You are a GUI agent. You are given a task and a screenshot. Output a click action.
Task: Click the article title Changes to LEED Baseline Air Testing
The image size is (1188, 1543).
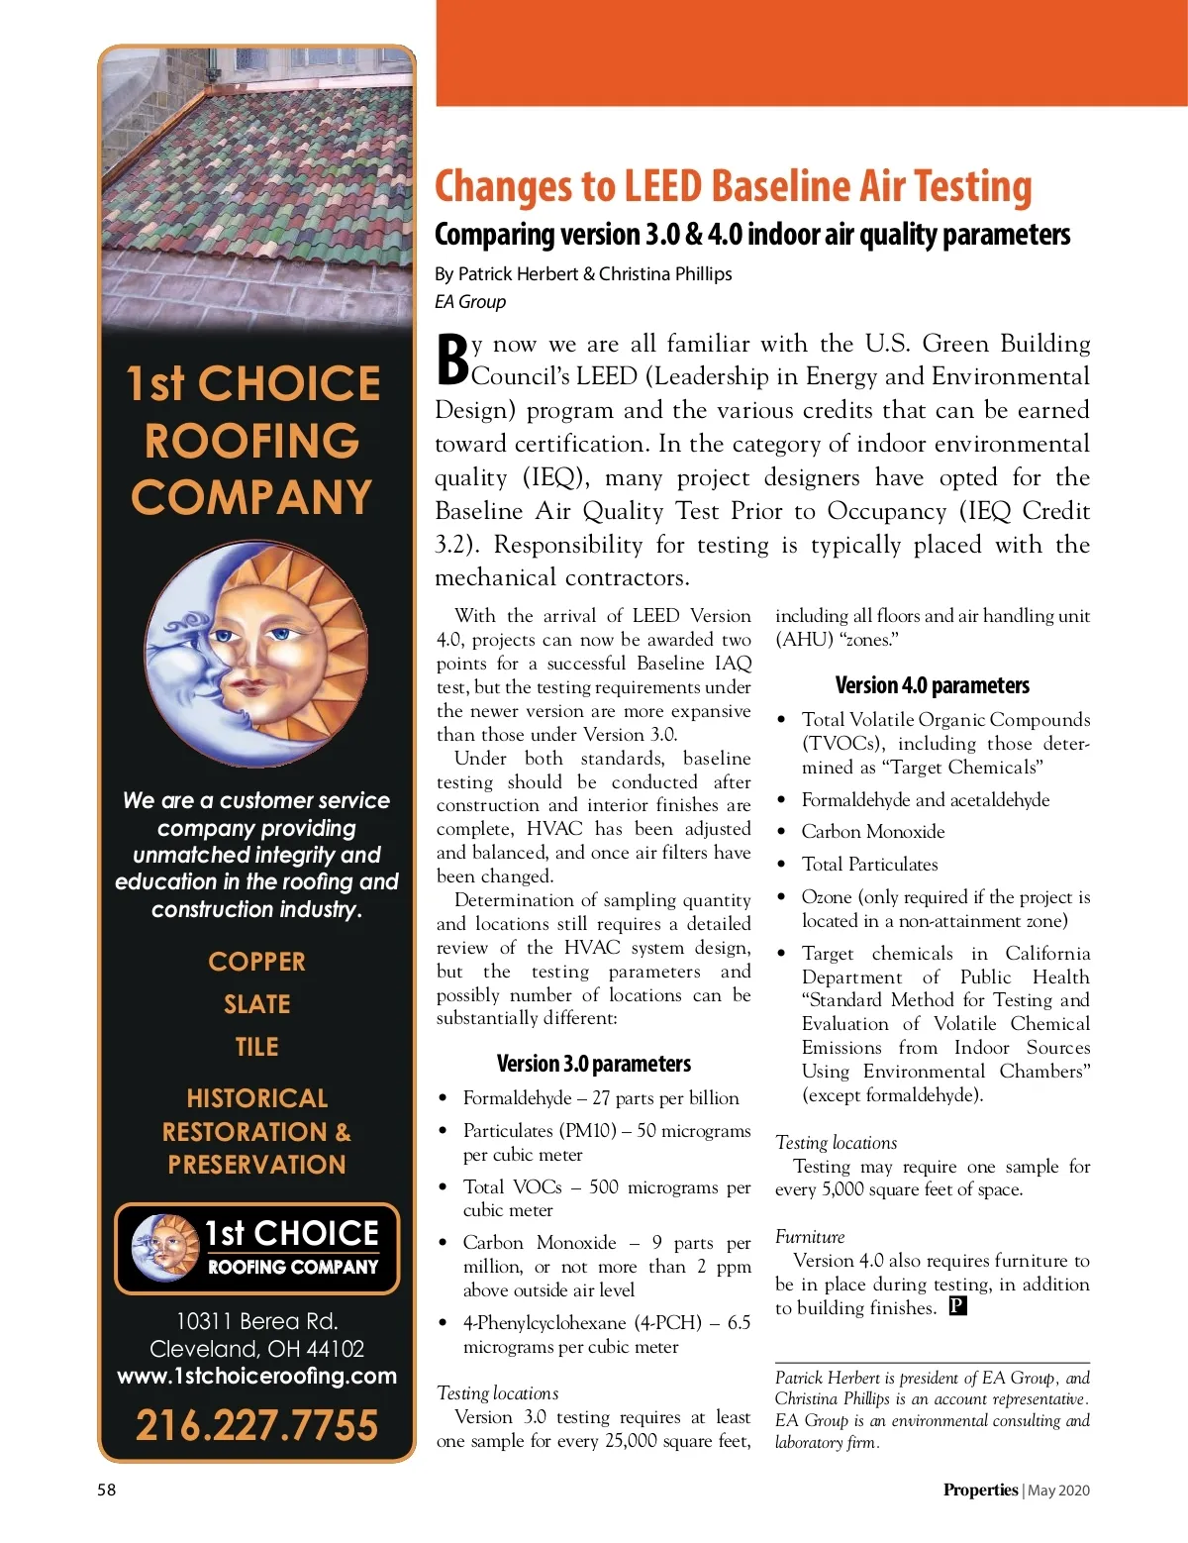pos(733,187)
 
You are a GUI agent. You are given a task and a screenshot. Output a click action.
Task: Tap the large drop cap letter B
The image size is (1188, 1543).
pos(452,359)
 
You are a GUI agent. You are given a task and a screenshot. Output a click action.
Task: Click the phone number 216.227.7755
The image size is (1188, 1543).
pos(256,1425)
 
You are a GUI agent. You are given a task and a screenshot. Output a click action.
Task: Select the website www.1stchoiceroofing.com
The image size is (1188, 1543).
pos(256,1376)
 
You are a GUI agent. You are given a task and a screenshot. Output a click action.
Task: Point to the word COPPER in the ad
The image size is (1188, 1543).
pos(256,962)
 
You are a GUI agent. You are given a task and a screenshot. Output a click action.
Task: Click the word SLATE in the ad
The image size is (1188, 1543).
pos(256,1004)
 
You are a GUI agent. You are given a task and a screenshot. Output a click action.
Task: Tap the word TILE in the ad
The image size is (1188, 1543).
pos(256,1047)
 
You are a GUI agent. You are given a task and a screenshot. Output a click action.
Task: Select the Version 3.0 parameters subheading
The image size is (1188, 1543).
pos(594,1064)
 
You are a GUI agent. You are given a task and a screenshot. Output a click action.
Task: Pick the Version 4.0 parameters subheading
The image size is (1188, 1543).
pos(932,685)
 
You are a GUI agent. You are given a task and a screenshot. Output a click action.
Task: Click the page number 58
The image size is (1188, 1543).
pos(106,1490)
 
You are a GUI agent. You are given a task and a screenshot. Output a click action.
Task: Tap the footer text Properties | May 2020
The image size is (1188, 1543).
pos(1016,1490)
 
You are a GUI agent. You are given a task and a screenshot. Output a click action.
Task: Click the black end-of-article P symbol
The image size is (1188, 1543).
pos(957,1306)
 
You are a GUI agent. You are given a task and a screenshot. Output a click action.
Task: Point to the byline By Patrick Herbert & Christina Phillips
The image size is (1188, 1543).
pos(583,273)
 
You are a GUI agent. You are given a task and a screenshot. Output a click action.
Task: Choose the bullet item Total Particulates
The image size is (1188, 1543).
pos(869,865)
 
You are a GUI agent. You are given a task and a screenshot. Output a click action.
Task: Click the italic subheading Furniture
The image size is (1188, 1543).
pos(810,1237)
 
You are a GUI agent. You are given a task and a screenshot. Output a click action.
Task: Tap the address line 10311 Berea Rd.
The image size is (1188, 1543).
pos(256,1321)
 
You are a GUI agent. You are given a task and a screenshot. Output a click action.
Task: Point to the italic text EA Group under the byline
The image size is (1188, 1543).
pos(470,302)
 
